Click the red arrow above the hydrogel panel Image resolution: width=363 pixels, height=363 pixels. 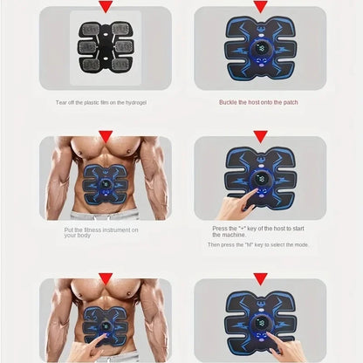(106, 7)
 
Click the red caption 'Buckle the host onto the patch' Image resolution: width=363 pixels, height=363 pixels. (259, 101)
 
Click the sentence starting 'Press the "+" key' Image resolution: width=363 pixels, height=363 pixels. (258, 231)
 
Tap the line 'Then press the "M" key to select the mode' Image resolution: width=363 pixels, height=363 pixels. (258, 245)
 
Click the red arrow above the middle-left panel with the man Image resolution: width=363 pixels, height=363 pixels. (106, 137)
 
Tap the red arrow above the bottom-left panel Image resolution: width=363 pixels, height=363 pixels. (106, 278)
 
